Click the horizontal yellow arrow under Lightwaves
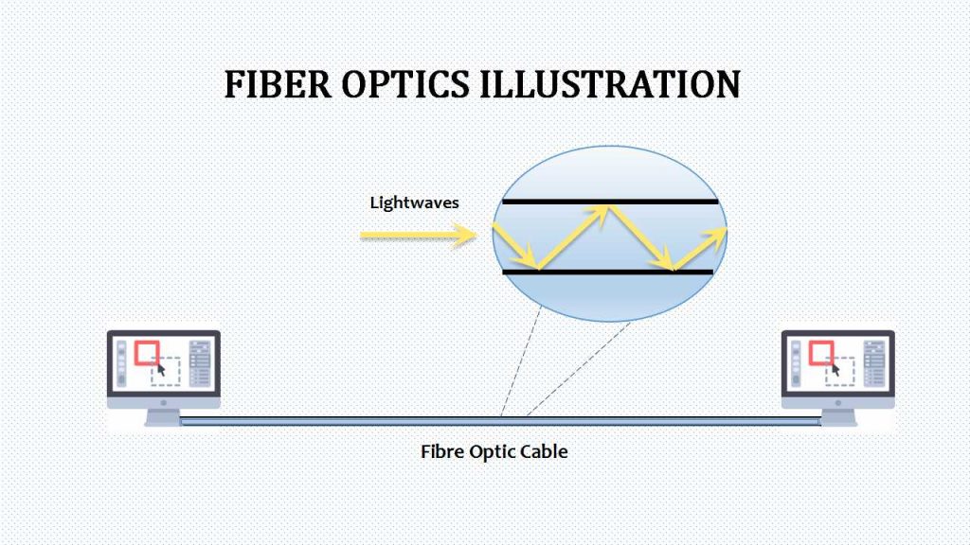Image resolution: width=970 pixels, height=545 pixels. tap(417, 235)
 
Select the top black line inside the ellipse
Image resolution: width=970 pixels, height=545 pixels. tap(610, 202)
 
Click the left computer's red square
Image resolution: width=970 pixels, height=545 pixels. tap(146, 353)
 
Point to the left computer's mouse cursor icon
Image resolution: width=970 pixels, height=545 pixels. tap(160, 370)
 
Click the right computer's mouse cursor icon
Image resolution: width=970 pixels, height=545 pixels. tap(835, 370)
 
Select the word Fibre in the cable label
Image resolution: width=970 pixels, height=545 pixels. tap(441, 451)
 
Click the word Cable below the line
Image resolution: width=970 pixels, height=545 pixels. tap(544, 451)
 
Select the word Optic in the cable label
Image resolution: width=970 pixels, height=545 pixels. tap(492, 451)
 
